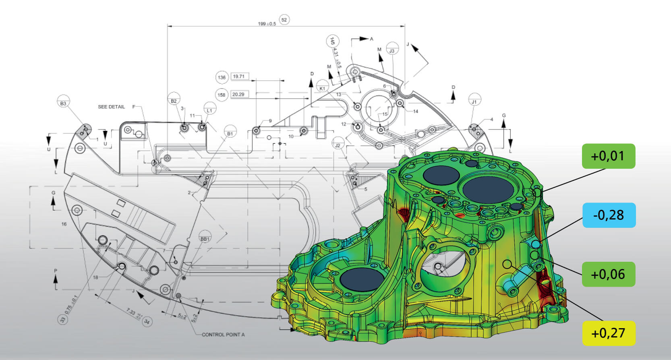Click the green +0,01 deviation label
click(x=608, y=156)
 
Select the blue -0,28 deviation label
click(x=609, y=215)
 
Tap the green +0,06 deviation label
click(x=608, y=274)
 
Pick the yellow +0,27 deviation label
click(x=608, y=333)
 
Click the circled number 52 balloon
click(x=284, y=20)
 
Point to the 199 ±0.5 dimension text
click(x=267, y=24)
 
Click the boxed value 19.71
click(x=239, y=76)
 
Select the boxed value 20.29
click(x=238, y=94)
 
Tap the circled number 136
click(x=222, y=77)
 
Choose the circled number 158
click(x=222, y=95)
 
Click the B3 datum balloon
click(x=63, y=103)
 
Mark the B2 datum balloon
click(x=174, y=101)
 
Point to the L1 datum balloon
click(x=209, y=110)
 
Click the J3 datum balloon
click(x=392, y=51)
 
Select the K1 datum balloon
click(x=322, y=88)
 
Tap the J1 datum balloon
click(x=474, y=101)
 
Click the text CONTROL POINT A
click(x=223, y=335)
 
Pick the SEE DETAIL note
click(x=112, y=107)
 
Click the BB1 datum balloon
click(x=205, y=239)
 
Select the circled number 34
click(x=147, y=322)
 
